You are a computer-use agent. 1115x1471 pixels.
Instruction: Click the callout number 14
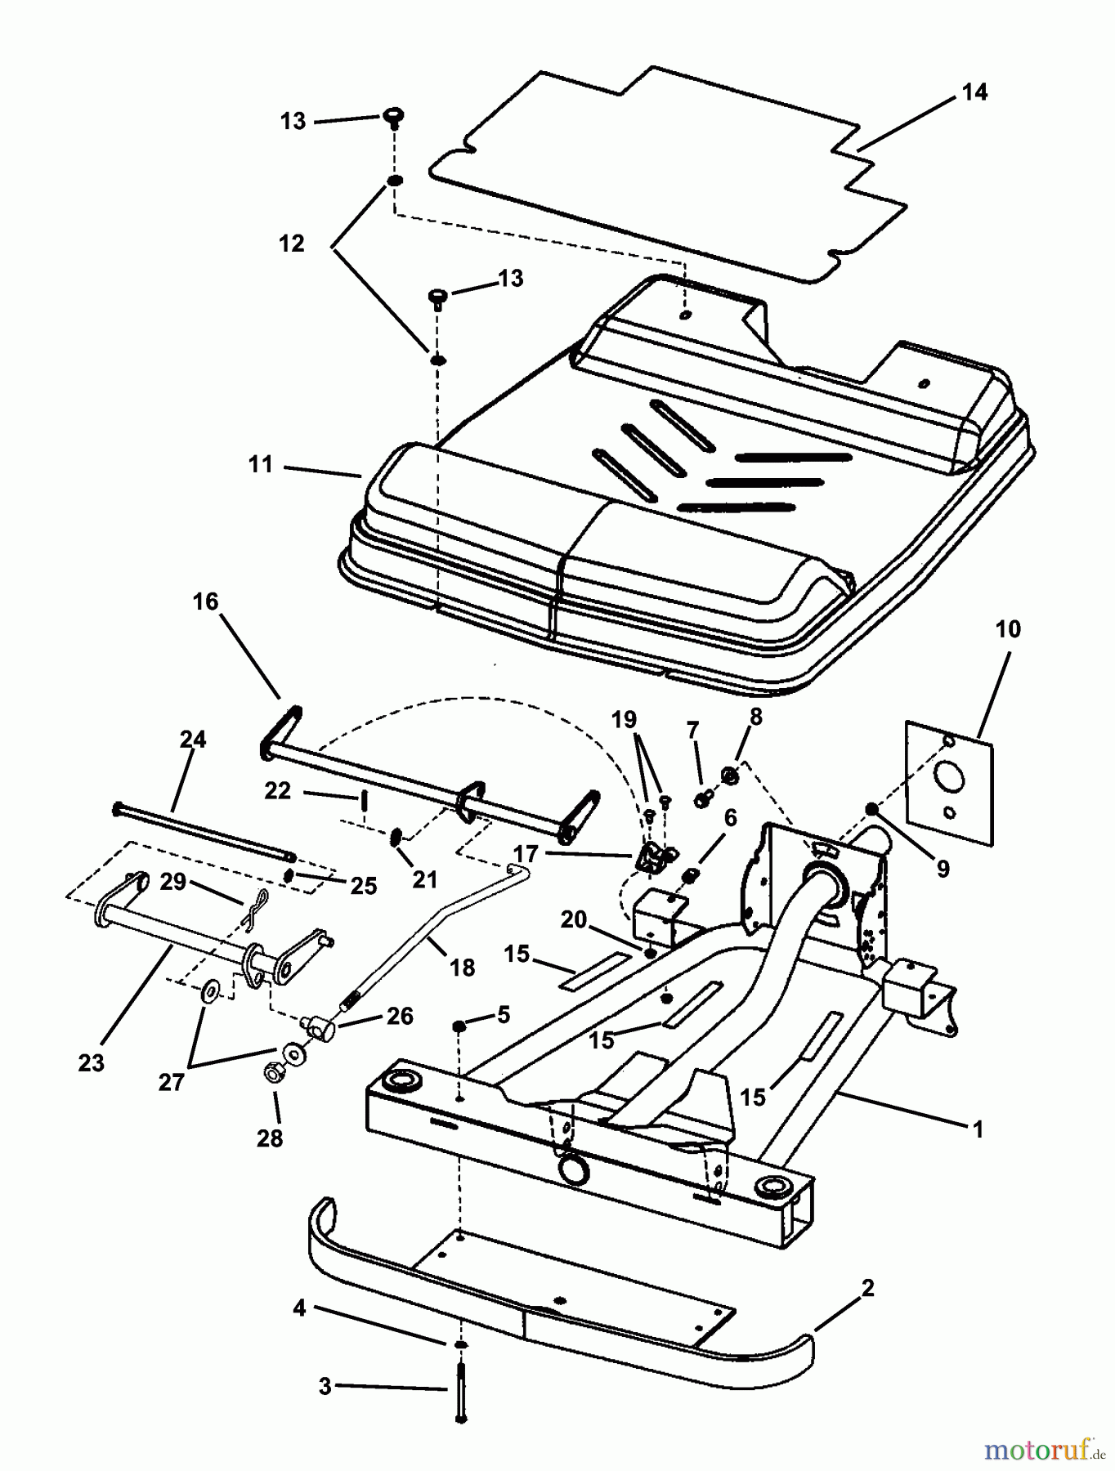tap(974, 92)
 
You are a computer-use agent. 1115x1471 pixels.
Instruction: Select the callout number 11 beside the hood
tap(260, 465)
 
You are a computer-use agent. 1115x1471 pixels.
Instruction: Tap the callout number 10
tap(1008, 629)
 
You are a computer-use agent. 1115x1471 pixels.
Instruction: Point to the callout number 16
tap(205, 602)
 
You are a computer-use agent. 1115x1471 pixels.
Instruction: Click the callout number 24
tap(193, 740)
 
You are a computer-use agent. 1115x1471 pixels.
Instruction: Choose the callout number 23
tap(92, 1062)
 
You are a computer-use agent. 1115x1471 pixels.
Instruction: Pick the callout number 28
tap(270, 1138)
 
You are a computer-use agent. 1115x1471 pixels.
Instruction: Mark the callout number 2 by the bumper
tap(867, 1289)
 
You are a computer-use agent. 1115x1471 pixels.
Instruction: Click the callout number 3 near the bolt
tap(325, 1386)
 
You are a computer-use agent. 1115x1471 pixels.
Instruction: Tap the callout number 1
tap(977, 1129)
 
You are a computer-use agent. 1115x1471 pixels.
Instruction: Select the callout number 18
tap(462, 968)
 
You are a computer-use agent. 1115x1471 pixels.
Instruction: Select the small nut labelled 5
tap(460, 1026)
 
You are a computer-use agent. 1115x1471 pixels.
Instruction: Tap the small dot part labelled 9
tap(873, 809)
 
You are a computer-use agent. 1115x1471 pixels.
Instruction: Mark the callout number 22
tap(278, 790)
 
